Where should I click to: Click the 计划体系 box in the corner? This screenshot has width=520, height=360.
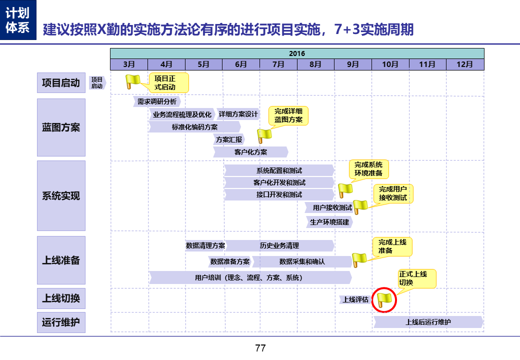[x=18, y=20]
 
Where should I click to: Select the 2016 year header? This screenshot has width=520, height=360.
[x=297, y=53]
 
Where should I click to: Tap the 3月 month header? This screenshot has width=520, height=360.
[x=129, y=64]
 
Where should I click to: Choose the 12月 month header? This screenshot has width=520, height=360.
[x=465, y=64]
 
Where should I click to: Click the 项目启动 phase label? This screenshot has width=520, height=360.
[x=61, y=83]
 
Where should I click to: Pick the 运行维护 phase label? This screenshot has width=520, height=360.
[x=61, y=322]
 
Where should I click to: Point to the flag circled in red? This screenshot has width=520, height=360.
[x=385, y=299]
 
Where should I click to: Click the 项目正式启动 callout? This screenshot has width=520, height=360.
[x=168, y=83]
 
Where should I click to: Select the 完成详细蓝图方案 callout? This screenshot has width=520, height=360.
[x=288, y=115]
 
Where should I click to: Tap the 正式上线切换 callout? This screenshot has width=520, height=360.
[x=416, y=278]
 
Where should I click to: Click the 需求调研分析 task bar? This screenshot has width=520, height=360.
[x=157, y=101]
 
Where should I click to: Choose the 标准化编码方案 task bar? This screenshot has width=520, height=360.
[x=195, y=127]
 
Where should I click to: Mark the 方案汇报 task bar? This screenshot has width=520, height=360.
[x=229, y=139]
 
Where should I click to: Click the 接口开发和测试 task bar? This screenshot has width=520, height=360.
[x=279, y=194]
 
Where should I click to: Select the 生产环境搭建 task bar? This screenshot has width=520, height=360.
[x=329, y=221]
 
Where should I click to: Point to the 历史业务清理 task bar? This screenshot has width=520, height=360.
[x=279, y=245]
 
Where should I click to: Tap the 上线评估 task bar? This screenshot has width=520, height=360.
[x=355, y=299]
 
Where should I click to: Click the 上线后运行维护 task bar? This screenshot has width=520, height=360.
[x=428, y=322]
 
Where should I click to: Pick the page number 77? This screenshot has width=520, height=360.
[x=260, y=348]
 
